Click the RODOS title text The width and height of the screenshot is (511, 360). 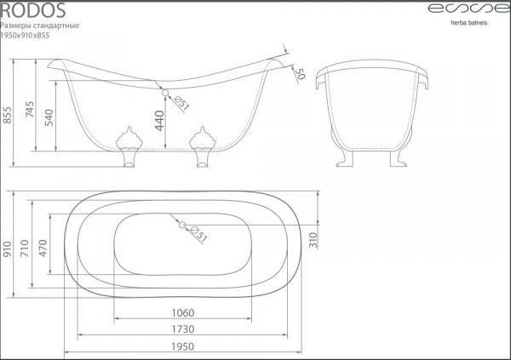pos(33,10)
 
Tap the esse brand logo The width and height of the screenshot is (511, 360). pos(469,9)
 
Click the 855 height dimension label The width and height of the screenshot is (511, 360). pos(7,115)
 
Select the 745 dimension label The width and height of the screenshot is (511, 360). pos(30,109)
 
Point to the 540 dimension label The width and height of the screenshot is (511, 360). pos(49,117)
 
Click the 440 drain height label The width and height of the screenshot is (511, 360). pos(160,121)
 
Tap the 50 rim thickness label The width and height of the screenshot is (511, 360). pos(300,74)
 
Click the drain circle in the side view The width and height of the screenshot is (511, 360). pos(165,93)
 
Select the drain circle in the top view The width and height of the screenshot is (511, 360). pos(182,225)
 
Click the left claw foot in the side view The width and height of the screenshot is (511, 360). pos(129,146)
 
